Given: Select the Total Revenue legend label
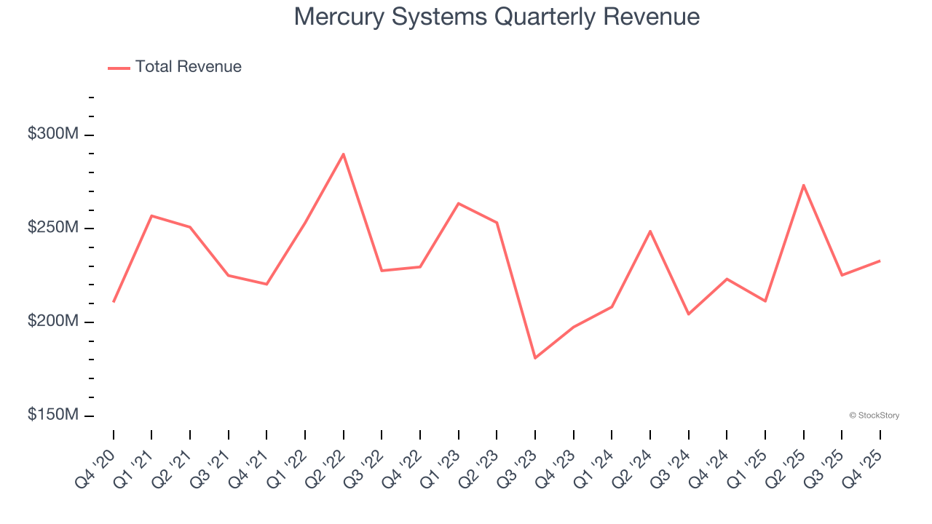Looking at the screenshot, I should tap(188, 67).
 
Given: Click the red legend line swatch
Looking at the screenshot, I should tap(119, 68).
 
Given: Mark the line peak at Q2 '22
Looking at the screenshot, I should tap(343, 154).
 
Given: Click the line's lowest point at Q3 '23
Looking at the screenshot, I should tap(535, 358).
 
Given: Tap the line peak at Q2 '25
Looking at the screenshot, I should tap(803, 185).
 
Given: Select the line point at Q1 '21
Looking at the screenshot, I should tap(151, 215).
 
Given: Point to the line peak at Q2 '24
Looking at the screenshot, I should tap(650, 231).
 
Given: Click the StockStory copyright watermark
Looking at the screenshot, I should tap(874, 416).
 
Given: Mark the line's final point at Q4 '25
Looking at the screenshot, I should tap(880, 261).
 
